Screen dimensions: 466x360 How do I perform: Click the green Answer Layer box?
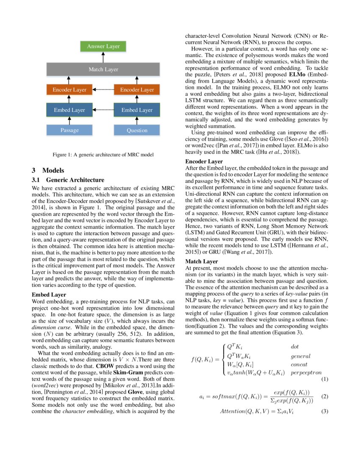[x=103, y=46]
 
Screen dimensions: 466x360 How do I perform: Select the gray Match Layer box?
[x=103, y=69]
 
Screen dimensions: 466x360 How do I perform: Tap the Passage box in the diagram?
[x=69, y=130]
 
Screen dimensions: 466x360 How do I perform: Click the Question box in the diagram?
[x=137, y=130]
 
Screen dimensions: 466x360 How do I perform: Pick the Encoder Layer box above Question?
[x=137, y=90]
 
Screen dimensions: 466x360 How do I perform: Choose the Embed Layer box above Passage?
[x=69, y=110]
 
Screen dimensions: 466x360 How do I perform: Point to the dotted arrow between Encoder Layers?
[x=103, y=90]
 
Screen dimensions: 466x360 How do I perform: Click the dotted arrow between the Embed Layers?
[x=103, y=110]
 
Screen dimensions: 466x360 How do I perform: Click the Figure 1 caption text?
[x=103, y=155]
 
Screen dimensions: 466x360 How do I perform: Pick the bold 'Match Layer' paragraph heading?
[x=202, y=261]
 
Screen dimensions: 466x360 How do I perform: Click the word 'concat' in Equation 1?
[x=299, y=364]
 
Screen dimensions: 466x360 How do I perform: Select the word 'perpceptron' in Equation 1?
[x=306, y=372]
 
